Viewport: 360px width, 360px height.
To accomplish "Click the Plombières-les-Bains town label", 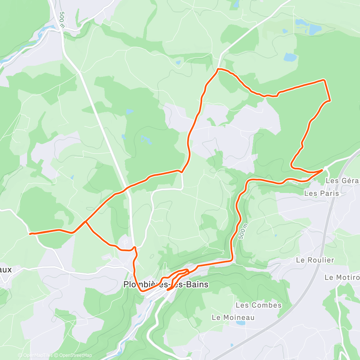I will coord(166,284).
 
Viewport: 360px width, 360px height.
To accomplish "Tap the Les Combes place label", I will coord(258,305).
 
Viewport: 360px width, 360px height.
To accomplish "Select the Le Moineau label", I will coord(233,317).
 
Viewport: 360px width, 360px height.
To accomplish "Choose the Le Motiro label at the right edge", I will coord(342,277).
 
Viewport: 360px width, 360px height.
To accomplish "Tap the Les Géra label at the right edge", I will coord(342,180).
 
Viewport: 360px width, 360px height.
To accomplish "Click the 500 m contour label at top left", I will coord(62,20).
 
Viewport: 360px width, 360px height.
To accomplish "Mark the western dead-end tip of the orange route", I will coord(30,234).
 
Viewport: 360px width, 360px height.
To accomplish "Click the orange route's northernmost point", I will coord(219,69).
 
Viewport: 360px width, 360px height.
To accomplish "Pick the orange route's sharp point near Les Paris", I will coord(322,170).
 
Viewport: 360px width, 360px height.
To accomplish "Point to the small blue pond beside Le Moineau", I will coord(240,323).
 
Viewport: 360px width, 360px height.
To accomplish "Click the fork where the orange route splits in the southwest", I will coord(85,222).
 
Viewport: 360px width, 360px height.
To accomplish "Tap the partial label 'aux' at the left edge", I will coord(6,269).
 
